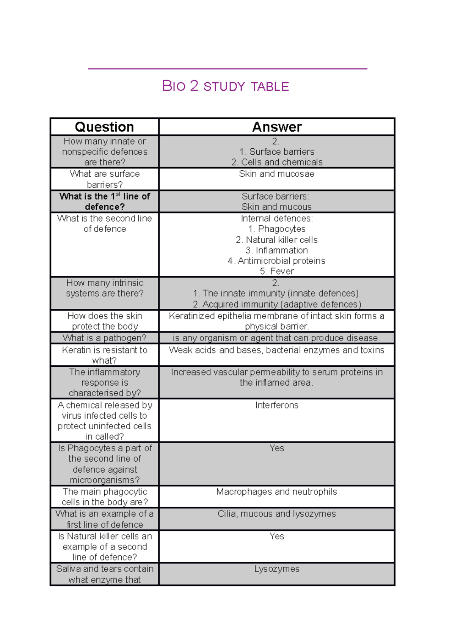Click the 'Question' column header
coord(104,127)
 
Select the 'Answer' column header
coord(277,127)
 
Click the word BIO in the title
coord(174,86)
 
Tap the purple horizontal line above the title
coord(227,69)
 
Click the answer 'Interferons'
coord(276,405)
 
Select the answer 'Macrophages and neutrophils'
coord(276,492)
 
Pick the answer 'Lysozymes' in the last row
coord(276,569)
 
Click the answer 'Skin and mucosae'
coord(276,174)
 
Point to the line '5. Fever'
coord(276,271)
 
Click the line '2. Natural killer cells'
coord(276,240)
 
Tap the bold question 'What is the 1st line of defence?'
coord(105,201)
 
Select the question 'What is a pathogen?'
coord(104,338)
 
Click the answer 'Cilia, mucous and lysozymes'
coord(276,514)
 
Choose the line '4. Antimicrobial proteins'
coord(276,261)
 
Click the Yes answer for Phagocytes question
coord(276,448)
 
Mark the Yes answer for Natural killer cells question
coord(276,536)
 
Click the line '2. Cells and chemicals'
coord(277,162)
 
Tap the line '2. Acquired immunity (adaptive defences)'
coord(277,304)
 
